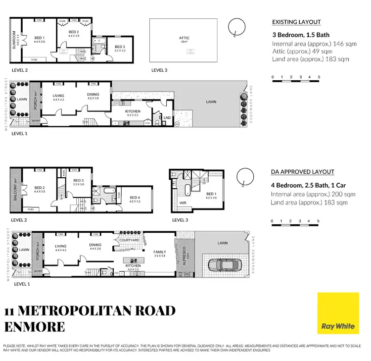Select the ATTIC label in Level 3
[x=184, y=38]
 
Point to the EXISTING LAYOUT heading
[x=296, y=22]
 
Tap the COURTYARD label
[x=129, y=241]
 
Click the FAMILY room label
[x=159, y=252]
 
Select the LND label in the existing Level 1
[x=167, y=117]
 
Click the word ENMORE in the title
[x=35, y=327]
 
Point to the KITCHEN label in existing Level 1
[x=133, y=111]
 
